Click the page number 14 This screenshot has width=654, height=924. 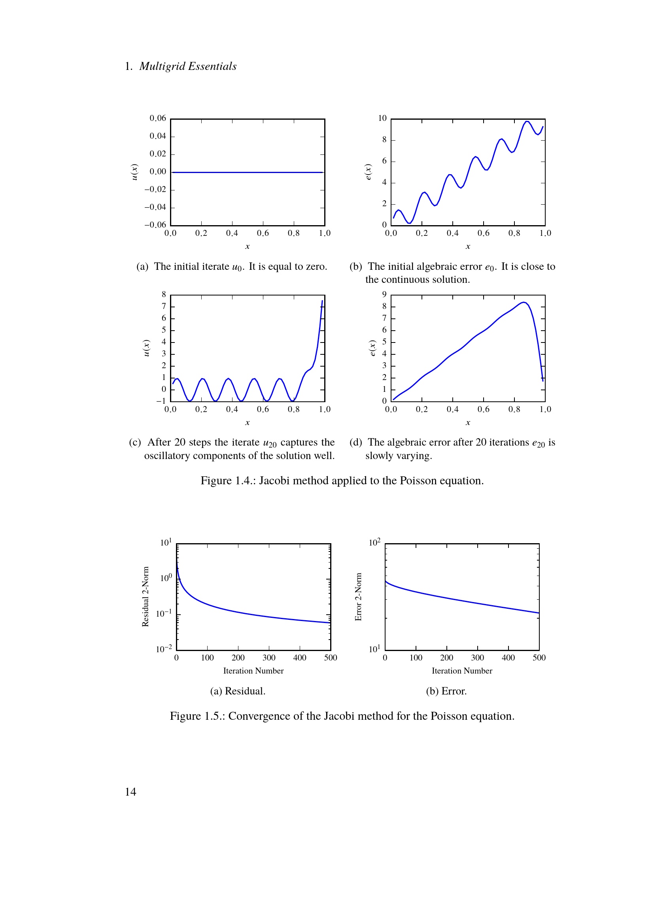[x=130, y=792]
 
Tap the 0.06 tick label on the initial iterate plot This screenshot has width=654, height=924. [x=157, y=119]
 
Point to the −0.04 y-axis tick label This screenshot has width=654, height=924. [x=155, y=207]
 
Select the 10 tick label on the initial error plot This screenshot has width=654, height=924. [x=382, y=119]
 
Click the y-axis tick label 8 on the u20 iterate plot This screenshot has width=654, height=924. [x=164, y=295]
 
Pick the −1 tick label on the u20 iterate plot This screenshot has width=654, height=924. [x=161, y=401]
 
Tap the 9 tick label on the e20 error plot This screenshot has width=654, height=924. [x=384, y=295]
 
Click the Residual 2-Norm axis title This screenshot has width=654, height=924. [x=146, y=597]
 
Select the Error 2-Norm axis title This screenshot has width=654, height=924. [x=358, y=597]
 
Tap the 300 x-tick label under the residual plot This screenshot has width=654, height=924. [x=268, y=658]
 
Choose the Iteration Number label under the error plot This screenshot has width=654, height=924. [x=462, y=671]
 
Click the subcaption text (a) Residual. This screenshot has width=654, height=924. [x=238, y=691]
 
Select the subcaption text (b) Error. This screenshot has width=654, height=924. [x=446, y=691]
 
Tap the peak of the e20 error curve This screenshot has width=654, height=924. [x=524, y=302]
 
